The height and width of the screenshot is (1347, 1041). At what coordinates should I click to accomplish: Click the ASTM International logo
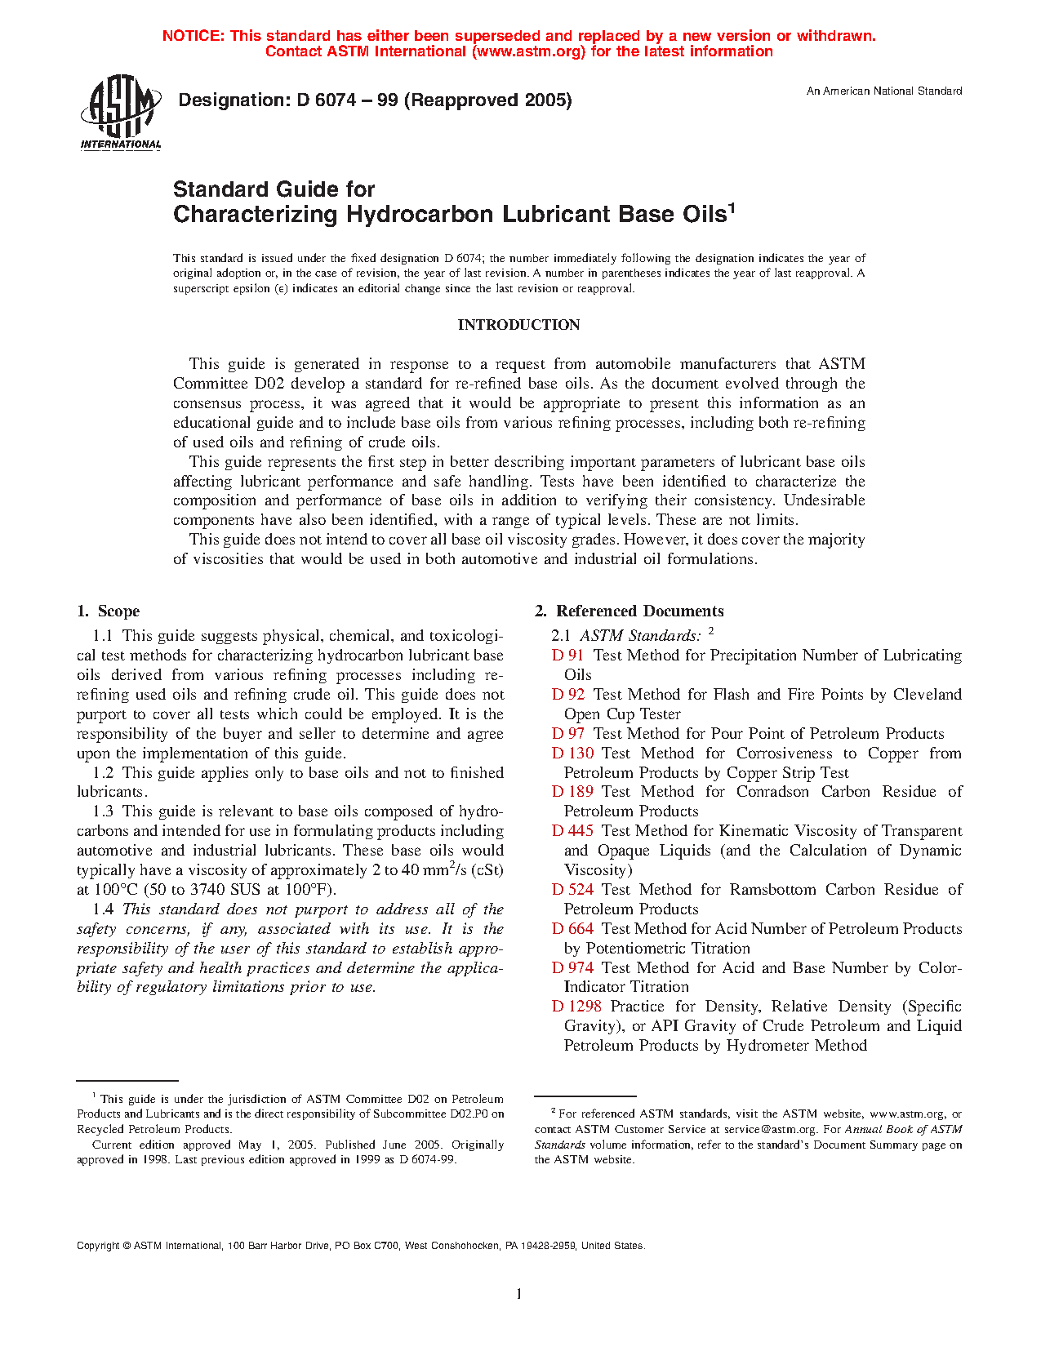pos(121,113)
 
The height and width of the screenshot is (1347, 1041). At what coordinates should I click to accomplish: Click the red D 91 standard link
pos(567,656)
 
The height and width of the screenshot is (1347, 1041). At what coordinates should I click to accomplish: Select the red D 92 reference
pos(567,695)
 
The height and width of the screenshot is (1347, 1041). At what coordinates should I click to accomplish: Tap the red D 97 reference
pos(567,734)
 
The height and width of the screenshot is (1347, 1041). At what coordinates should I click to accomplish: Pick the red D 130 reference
pos(572,754)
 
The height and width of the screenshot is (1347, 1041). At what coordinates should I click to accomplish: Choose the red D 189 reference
pos(572,792)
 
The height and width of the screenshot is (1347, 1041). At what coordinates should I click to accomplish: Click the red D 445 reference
pos(572,831)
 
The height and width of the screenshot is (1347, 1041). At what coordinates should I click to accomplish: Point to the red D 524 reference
pos(572,890)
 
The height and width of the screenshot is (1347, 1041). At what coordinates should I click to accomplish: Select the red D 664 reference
pos(572,929)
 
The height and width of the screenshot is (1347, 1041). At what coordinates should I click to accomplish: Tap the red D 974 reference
pos(572,968)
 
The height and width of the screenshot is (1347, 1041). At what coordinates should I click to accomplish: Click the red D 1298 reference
pos(576,1007)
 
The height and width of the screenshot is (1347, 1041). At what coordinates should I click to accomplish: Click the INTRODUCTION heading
pos(518,325)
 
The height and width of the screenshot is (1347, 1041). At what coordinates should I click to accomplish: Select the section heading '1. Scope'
pos(108,611)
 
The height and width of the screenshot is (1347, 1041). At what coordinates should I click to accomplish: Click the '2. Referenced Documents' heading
pos(629,611)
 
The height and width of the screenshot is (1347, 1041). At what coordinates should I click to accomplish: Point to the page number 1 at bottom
pos(518,1294)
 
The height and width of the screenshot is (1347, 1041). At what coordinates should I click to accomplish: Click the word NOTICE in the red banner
pos(193,36)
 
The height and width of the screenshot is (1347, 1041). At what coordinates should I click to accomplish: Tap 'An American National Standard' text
pos(884,91)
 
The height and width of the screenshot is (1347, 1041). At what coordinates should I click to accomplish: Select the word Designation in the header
pos(229,100)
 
